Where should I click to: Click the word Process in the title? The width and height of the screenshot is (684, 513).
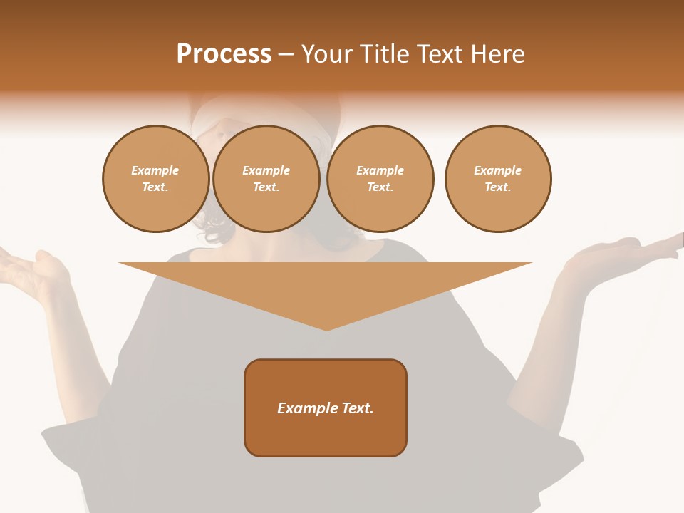coord(224,54)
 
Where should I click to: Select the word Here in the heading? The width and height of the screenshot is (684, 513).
coord(498,54)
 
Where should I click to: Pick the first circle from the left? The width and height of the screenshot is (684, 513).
coord(155,179)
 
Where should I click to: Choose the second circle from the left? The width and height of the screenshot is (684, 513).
coord(266,179)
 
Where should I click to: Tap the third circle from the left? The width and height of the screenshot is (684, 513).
coord(380,179)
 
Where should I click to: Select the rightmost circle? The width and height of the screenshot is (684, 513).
coord(498,179)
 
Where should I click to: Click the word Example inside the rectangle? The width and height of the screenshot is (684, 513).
coord(301,408)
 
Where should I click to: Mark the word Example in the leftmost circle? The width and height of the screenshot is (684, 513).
coord(155,170)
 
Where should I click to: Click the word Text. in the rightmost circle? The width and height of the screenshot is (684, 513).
coord(498,187)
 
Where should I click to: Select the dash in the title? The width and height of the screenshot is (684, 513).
coord(286,54)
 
